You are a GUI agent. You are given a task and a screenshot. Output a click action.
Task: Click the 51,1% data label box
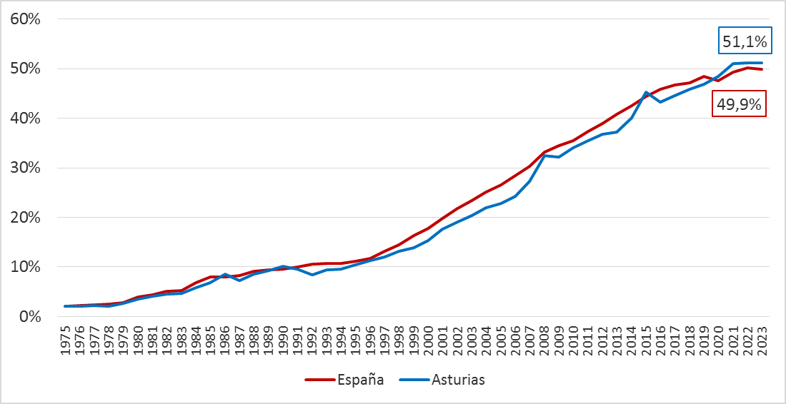(x=745, y=42)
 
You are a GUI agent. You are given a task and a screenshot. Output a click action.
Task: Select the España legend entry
(x=344, y=380)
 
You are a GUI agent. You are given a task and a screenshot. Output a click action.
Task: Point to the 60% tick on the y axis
(x=25, y=19)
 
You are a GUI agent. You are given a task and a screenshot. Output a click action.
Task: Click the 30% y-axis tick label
(x=25, y=168)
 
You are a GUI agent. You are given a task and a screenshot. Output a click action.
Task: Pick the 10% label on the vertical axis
(x=25, y=267)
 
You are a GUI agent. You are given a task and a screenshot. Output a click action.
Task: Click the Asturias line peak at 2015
(x=647, y=92)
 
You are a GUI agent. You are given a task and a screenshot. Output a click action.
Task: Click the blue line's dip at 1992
(x=313, y=275)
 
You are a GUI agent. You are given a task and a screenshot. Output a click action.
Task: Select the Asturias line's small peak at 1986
(x=226, y=274)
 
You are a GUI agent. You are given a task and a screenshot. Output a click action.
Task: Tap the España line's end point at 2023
(x=762, y=69)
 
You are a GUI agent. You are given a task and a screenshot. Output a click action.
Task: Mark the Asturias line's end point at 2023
(x=762, y=63)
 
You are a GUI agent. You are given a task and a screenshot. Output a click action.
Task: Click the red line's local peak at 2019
(x=705, y=76)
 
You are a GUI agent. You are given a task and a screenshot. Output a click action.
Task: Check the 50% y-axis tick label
(x=25, y=69)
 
